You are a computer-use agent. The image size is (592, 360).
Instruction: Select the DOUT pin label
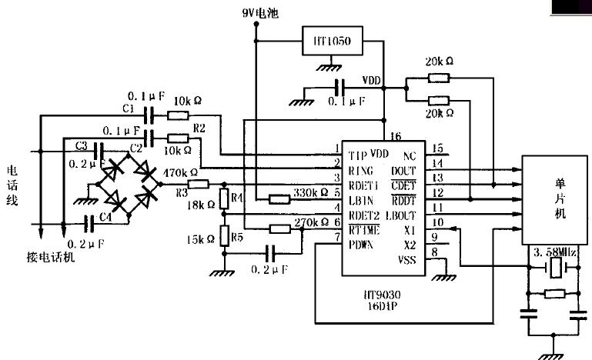[404, 170]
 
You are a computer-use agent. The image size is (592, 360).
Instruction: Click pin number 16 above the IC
[397, 135]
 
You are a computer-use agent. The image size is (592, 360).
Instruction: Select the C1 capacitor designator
[128, 108]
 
